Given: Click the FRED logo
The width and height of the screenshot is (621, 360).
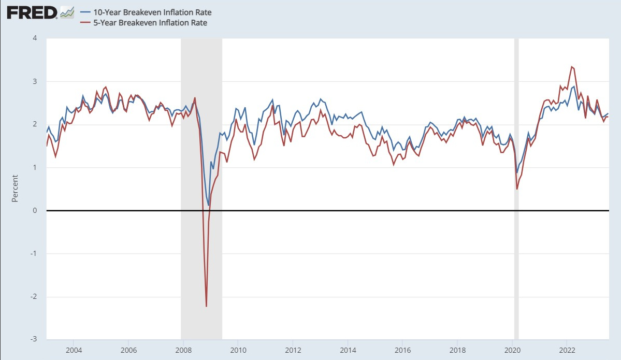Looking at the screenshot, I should [32, 12].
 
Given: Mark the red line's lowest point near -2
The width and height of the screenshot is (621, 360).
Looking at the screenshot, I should [206, 306].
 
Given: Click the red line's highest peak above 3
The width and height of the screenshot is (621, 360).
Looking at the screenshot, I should [571, 66].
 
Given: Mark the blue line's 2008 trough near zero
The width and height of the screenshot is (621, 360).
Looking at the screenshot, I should [209, 205].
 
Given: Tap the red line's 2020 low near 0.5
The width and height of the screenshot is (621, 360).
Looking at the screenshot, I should [517, 189].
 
